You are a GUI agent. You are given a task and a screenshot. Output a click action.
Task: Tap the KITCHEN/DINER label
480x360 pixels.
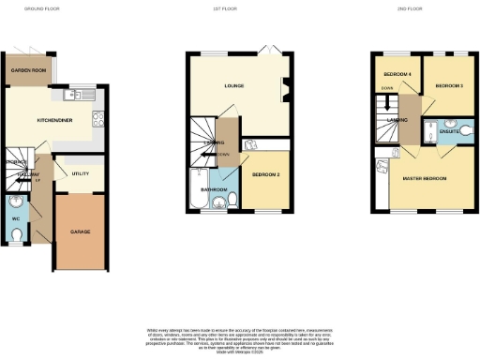[x=52, y=120]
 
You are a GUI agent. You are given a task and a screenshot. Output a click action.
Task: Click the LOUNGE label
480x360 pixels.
[x=234, y=86]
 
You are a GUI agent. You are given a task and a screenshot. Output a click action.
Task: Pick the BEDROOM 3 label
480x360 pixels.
[x=449, y=85]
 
